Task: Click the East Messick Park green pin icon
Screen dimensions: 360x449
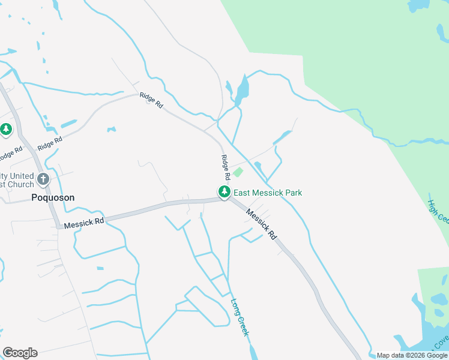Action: [x=224, y=192]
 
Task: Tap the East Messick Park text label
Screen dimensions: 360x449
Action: [x=268, y=193]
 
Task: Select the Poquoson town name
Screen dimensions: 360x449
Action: [x=52, y=197]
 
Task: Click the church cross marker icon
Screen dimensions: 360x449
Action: [x=43, y=178]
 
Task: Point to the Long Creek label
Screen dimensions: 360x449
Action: [x=239, y=317]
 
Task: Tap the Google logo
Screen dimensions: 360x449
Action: [x=20, y=353]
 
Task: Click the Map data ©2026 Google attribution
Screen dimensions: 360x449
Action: [x=412, y=355]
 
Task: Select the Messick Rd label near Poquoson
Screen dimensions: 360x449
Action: [x=84, y=223]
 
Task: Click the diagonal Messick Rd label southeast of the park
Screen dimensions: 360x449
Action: [x=262, y=224]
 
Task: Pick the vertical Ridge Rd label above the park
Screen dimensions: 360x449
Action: [x=226, y=168]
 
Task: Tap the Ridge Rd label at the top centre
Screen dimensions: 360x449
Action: [x=151, y=100]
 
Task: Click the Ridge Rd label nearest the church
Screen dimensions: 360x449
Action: [x=49, y=144]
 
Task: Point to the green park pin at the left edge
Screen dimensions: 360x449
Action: [x=6, y=129]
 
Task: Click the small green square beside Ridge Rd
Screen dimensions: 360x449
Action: [x=238, y=172]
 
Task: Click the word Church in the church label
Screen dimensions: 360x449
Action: [x=13, y=184]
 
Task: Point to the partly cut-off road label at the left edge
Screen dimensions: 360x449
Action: [x=6, y=155]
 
